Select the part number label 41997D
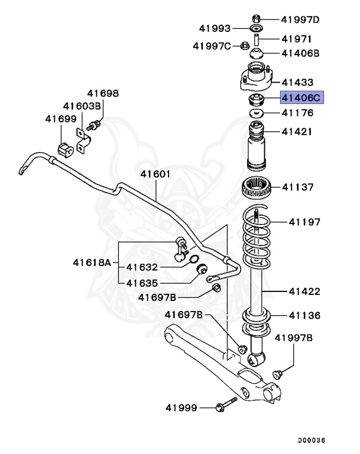pyautogui.click(x=300, y=20)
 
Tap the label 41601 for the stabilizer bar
pyautogui.click(x=155, y=174)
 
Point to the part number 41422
pyautogui.click(x=304, y=291)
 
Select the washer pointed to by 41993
pyautogui.click(x=257, y=28)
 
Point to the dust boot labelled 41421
pyautogui.click(x=258, y=148)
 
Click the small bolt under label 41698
pyautogui.click(x=93, y=125)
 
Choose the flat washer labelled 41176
pyautogui.click(x=257, y=112)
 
